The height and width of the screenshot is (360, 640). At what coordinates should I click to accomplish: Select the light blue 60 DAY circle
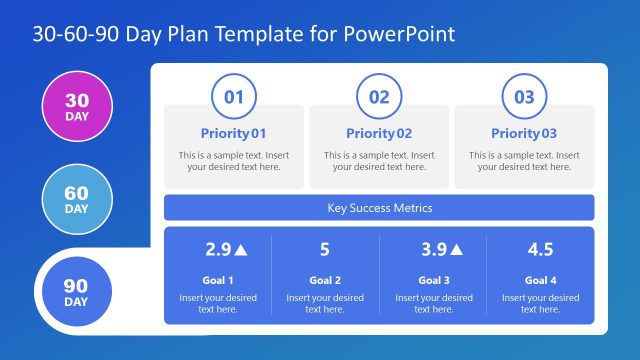(x=76, y=199)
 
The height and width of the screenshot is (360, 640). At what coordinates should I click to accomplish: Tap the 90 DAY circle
(x=76, y=292)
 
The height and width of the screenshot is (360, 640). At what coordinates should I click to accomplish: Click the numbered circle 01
(x=234, y=97)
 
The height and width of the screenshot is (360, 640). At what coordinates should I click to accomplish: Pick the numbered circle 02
(x=379, y=97)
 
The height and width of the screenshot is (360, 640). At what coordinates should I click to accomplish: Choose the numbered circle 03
(x=524, y=97)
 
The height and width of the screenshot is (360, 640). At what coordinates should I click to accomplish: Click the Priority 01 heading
(x=234, y=133)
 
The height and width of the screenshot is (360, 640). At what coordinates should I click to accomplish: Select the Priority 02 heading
(x=379, y=133)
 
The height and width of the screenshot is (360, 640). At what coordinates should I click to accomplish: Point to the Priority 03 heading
(x=524, y=133)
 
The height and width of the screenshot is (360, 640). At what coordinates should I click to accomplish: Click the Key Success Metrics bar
(x=379, y=208)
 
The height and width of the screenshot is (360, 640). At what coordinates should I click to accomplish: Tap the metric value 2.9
(x=218, y=250)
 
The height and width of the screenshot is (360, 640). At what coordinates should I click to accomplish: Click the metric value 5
(x=325, y=250)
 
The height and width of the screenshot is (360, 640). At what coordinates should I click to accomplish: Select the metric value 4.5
(x=540, y=250)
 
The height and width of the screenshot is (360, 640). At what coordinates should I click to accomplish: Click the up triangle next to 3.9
(x=457, y=250)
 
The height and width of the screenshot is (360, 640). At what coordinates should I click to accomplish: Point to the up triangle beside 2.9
(x=242, y=250)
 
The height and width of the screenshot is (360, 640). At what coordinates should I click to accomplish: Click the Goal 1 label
(x=217, y=280)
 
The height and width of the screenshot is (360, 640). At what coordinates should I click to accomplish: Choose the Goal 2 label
(x=325, y=280)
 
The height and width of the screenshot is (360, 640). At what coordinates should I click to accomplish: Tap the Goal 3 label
(x=433, y=280)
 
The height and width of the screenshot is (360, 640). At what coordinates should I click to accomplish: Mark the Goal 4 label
(x=540, y=280)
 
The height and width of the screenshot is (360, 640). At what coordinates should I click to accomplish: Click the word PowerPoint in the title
(x=400, y=34)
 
